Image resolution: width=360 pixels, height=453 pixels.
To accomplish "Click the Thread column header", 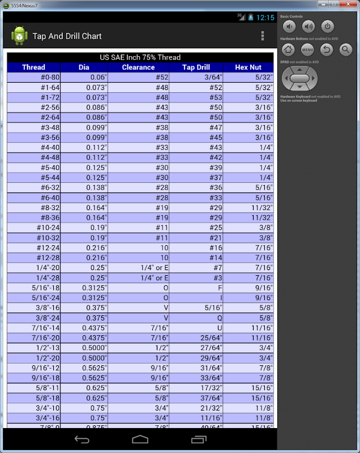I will coord(33,67).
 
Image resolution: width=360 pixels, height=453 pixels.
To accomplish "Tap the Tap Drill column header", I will coord(196,67).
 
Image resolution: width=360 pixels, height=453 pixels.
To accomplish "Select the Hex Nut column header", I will coord(248,67).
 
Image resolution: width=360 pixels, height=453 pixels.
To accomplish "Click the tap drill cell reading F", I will coord(220,288).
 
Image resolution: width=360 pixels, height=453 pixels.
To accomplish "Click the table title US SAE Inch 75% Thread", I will coord(140,57).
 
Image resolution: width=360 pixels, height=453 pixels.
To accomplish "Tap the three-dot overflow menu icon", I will coord(263,36).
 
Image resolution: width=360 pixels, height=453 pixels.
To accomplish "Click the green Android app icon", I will coord(19,36).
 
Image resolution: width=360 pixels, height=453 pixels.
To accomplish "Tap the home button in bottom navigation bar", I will coord(140,439).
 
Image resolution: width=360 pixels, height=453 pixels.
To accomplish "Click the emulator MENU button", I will coord(307,50).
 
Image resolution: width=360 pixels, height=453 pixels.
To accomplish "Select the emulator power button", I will coord(328,27).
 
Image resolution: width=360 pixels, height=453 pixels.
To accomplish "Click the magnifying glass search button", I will coord(345,50).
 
